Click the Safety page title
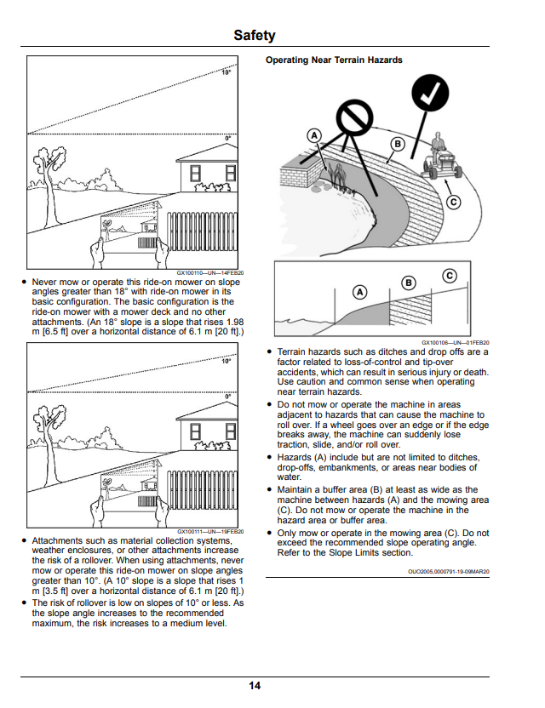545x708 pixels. point(255,35)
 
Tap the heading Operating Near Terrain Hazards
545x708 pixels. point(334,60)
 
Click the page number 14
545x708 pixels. point(255,685)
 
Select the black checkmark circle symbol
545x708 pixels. point(430,93)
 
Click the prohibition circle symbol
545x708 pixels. point(355,117)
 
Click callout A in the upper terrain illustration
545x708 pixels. point(314,135)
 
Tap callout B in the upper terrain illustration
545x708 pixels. point(398,144)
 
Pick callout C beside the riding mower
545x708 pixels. point(454,202)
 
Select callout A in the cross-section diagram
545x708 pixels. point(359,292)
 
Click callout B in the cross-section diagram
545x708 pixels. point(409,283)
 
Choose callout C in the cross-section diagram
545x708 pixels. point(449,276)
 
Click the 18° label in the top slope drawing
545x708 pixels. point(226,72)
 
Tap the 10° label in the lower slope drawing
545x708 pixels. point(226,361)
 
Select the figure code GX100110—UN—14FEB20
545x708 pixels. point(210,272)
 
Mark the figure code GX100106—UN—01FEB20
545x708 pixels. point(456,343)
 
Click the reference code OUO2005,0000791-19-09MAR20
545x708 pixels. point(448,572)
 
